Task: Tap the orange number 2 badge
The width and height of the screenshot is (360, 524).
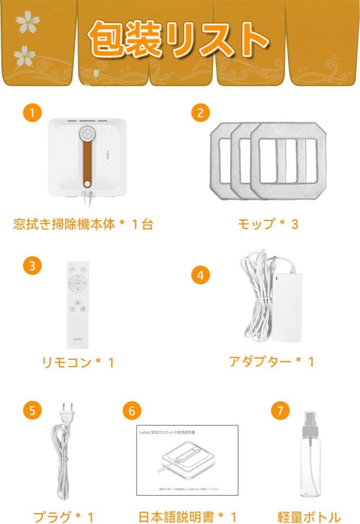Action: (x=201, y=113)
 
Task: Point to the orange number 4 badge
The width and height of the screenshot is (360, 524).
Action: (x=201, y=275)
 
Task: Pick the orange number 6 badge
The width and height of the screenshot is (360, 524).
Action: (x=132, y=410)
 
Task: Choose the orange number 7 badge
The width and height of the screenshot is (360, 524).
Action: (x=280, y=410)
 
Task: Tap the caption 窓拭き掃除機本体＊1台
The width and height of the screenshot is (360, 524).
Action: (x=83, y=224)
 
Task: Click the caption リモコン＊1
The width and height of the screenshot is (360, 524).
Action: (x=78, y=362)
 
